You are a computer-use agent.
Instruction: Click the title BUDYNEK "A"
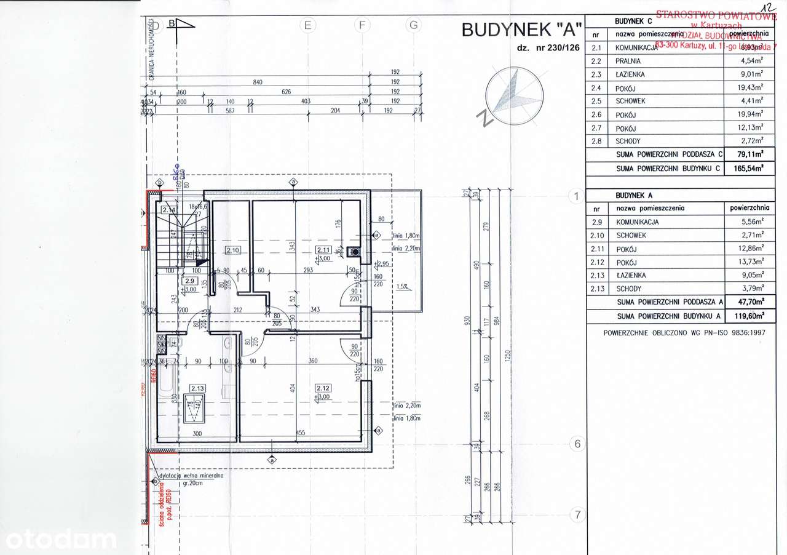click(521, 30)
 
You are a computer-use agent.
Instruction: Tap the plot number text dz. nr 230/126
click(548, 48)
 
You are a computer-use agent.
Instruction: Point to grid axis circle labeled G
click(414, 25)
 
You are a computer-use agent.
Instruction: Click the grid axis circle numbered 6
click(576, 444)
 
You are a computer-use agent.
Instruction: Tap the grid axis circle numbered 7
click(576, 514)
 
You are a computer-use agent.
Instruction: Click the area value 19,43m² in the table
click(752, 87)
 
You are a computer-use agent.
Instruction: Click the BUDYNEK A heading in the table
click(633, 195)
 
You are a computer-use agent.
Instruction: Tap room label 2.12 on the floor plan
click(323, 388)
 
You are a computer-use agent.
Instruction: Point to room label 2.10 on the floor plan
click(232, 250)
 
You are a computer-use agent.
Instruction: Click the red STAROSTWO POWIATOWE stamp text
click(713, 15)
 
